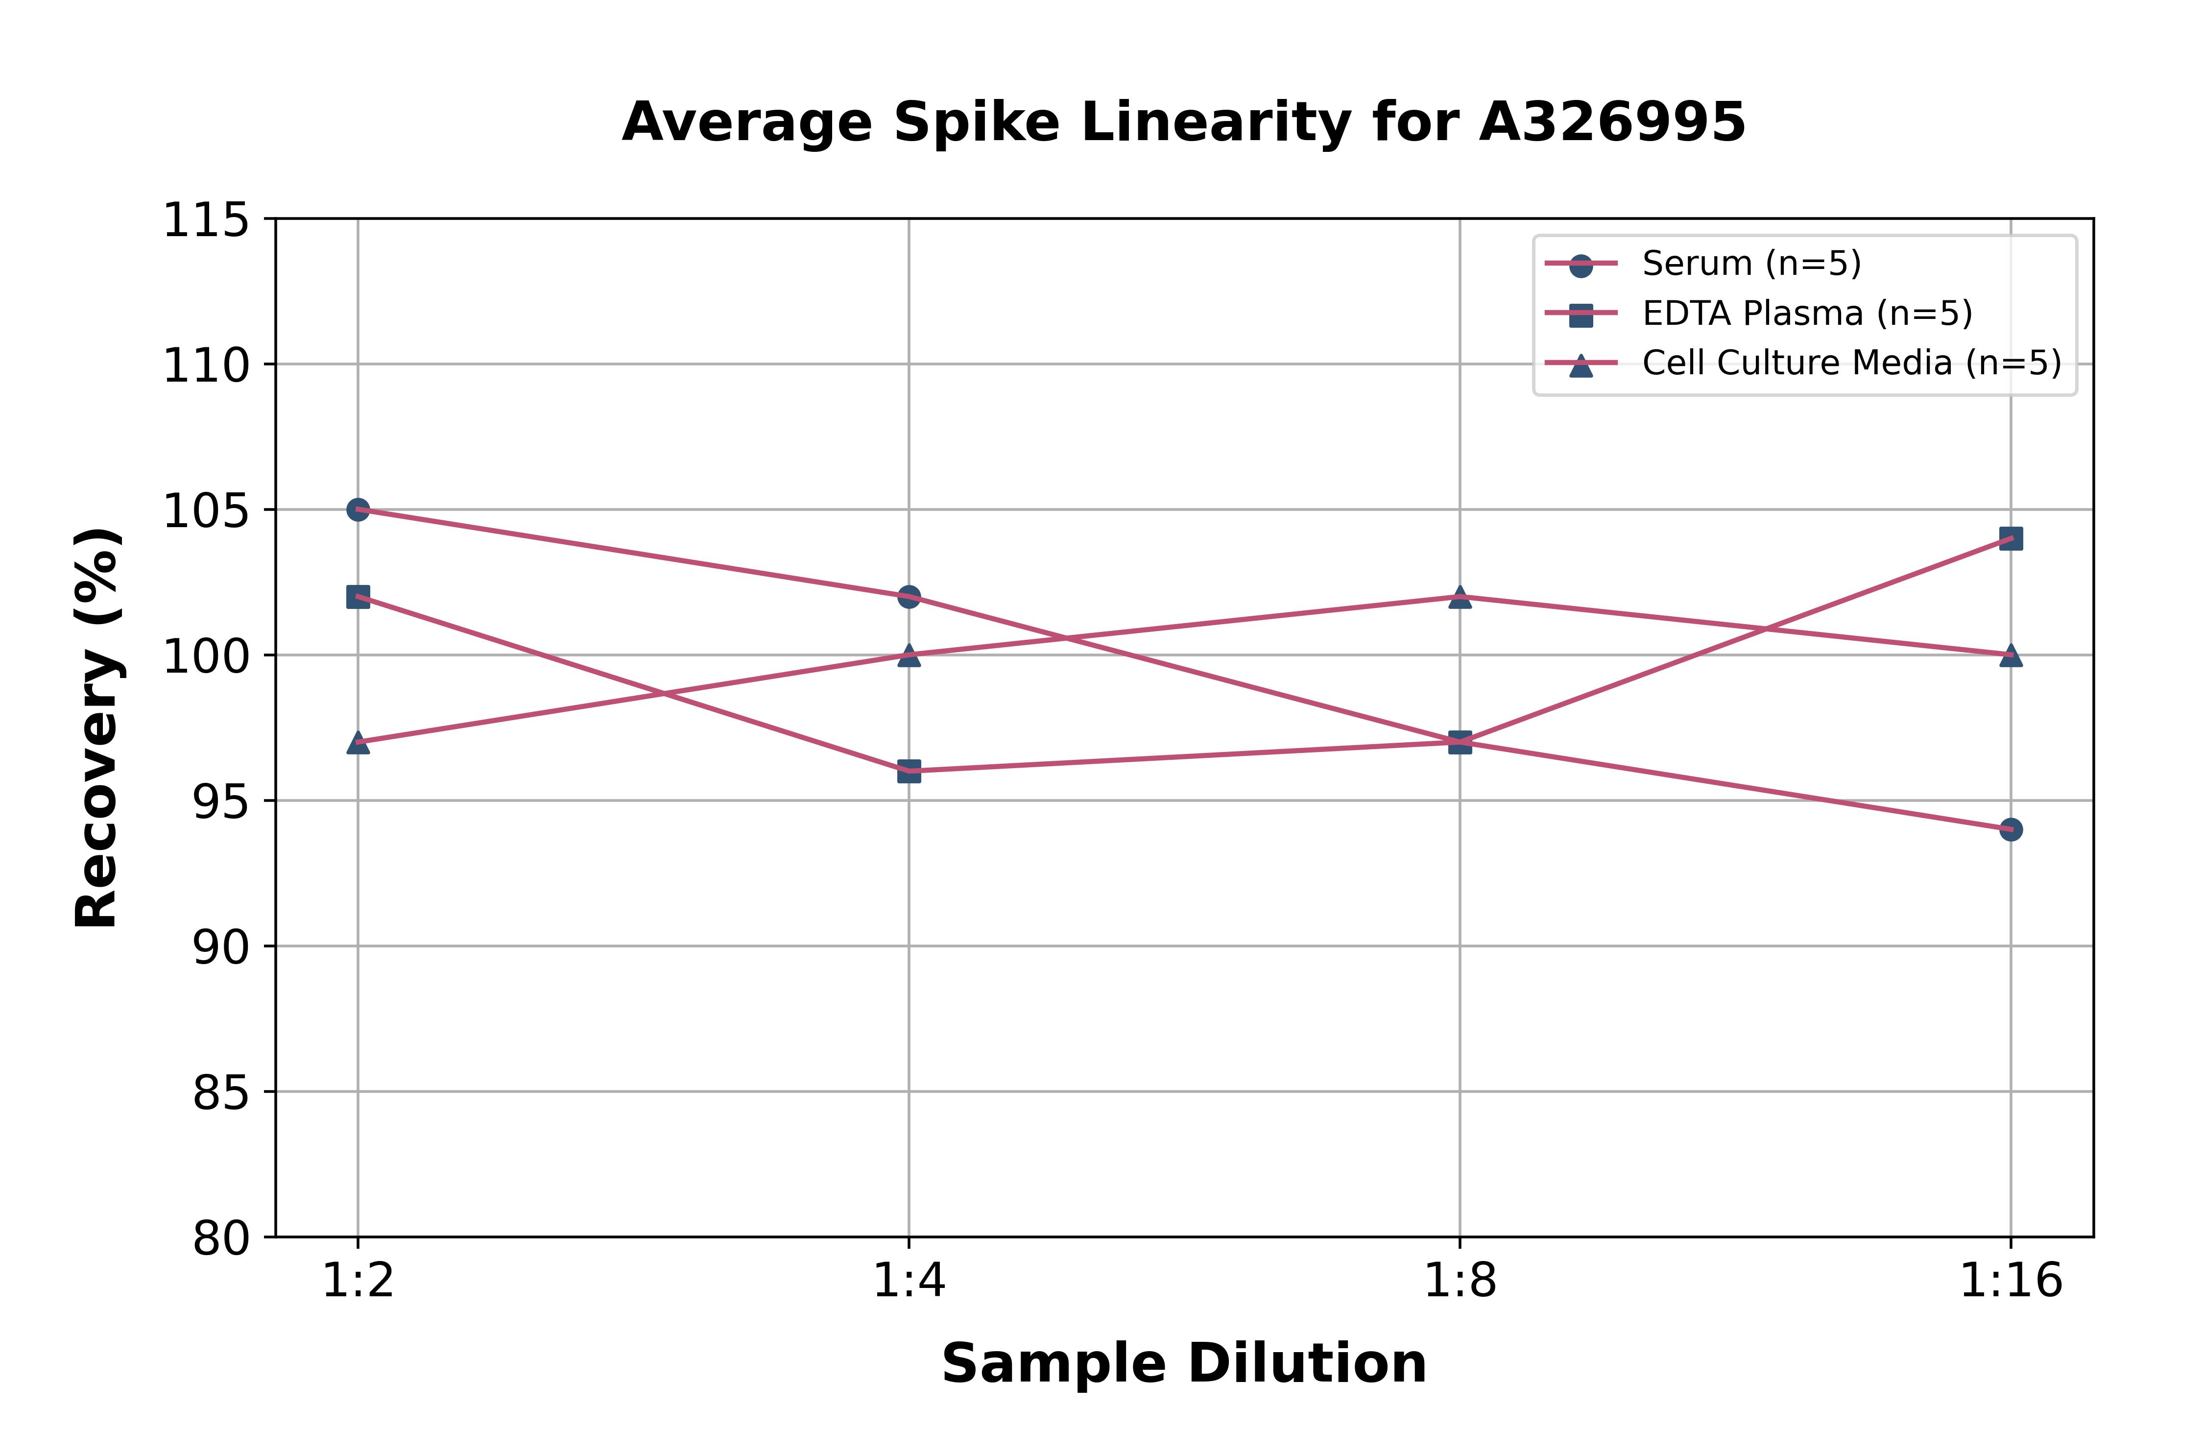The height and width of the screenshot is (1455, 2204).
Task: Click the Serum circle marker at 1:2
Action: point(358,509)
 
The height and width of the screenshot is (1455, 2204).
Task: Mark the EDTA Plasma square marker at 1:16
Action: point(2010,538)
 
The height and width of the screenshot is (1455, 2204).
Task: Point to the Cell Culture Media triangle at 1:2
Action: point(358,742)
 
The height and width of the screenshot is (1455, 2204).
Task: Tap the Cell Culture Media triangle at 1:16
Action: point(2010,655)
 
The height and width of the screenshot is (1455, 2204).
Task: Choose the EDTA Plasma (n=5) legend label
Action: point(1807,314)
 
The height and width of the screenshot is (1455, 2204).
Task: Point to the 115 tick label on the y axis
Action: point(206,221)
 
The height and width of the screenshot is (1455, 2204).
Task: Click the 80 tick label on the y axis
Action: point(221,1238)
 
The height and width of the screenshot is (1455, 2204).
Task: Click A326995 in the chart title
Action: point(1612,122)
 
